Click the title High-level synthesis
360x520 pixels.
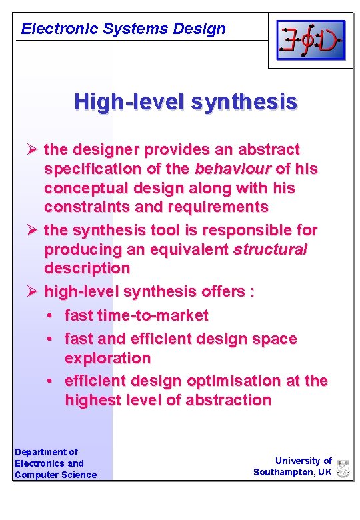186,101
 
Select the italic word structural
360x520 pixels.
269,249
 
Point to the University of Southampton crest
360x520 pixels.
343,468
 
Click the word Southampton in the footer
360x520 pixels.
284,472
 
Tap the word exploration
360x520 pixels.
107,358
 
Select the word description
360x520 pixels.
87,269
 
